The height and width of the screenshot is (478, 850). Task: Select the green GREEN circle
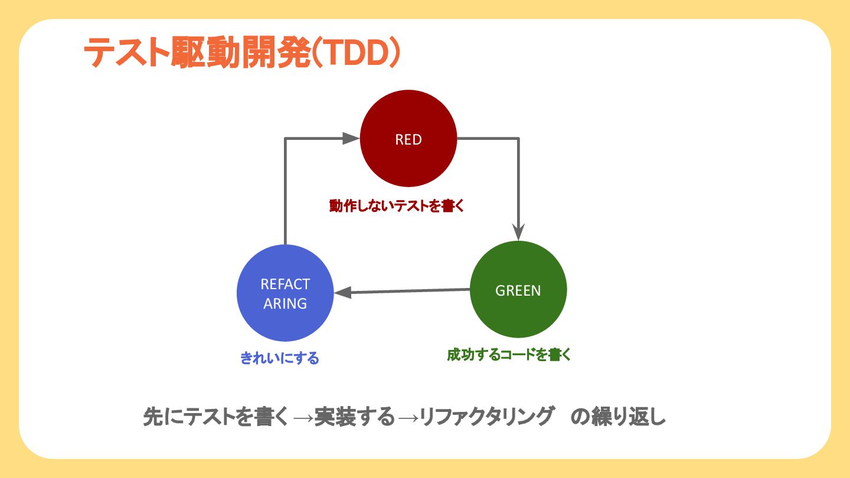pos(518,313)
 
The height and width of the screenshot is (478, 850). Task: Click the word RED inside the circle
pos(408,140)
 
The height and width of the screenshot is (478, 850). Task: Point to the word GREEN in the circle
pos(518,290)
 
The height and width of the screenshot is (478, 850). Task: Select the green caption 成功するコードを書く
pos(509,355)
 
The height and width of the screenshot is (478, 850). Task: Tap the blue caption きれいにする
pos(280,358)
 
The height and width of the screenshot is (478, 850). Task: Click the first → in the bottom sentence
pos(303,418)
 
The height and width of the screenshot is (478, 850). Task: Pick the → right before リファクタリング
pos(408,418)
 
